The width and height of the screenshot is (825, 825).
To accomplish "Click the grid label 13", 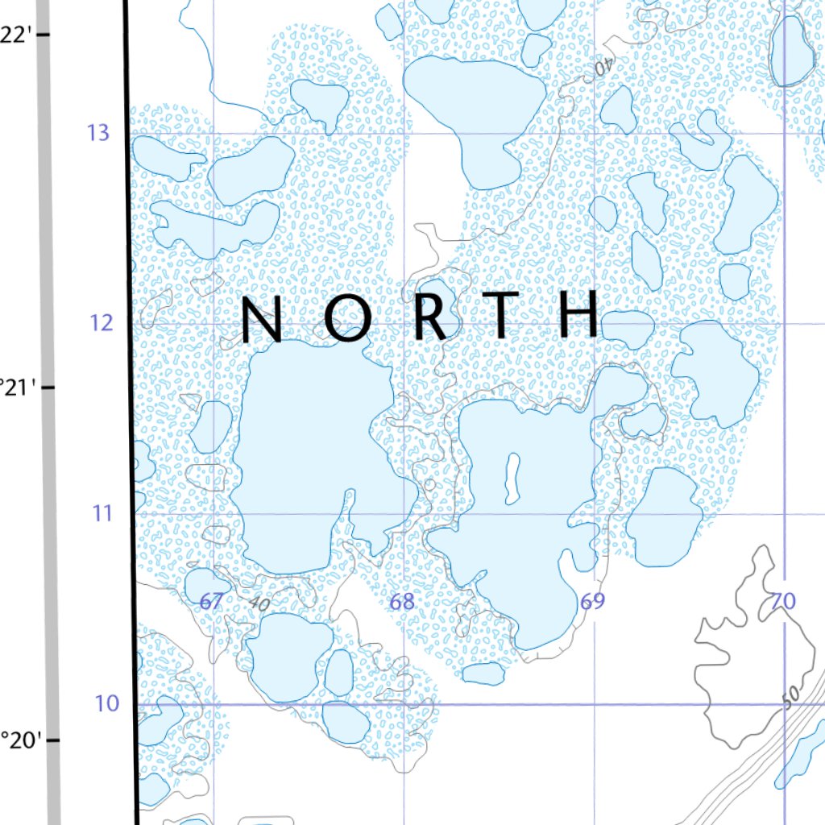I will pos(98,133).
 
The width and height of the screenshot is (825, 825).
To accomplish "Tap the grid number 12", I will pos(99,323).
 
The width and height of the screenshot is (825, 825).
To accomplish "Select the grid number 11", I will pos(102,512).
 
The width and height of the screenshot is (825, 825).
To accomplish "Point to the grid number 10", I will pos(106,703).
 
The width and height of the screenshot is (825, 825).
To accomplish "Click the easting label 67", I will pos(211,601).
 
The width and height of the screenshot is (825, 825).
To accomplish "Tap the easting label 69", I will pos(592,601).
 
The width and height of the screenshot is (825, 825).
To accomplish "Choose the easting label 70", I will pos(782,601).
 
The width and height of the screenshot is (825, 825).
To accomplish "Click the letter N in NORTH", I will pos(262,319).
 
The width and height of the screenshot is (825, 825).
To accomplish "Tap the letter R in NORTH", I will pos(430,317).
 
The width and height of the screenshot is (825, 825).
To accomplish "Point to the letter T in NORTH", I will pos(503,316).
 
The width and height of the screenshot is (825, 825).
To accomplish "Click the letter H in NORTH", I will pos(579,314).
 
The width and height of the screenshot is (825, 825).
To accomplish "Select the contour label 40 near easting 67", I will pos(259,603).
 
